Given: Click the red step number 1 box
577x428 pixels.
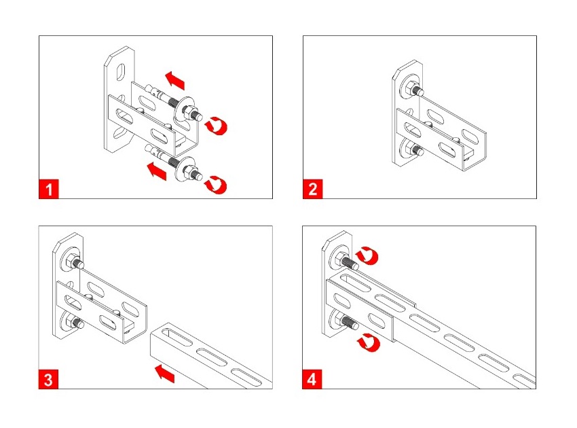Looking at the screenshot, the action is coord(49,189).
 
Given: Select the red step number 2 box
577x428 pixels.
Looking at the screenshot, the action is coord(313,189).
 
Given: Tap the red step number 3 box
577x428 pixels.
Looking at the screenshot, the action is coord(48,379).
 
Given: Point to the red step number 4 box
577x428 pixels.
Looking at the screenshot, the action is coord(312,379).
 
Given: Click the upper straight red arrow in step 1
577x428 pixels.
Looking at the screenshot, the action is coord(174,80).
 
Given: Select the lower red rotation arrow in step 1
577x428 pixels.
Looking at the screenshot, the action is coord(216,185).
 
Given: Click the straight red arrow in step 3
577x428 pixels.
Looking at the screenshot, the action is coord(164,374).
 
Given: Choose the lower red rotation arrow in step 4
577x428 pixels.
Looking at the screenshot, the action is coord(369,342).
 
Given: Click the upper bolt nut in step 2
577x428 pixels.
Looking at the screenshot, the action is coord(410,88).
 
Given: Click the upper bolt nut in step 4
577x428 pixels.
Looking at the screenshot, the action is coord(340,258).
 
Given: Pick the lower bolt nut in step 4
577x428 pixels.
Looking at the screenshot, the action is coord(339,319).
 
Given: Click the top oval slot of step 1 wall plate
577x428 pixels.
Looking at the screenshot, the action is coord(121,72).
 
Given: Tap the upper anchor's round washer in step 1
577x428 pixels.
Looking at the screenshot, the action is coord(185,109).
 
